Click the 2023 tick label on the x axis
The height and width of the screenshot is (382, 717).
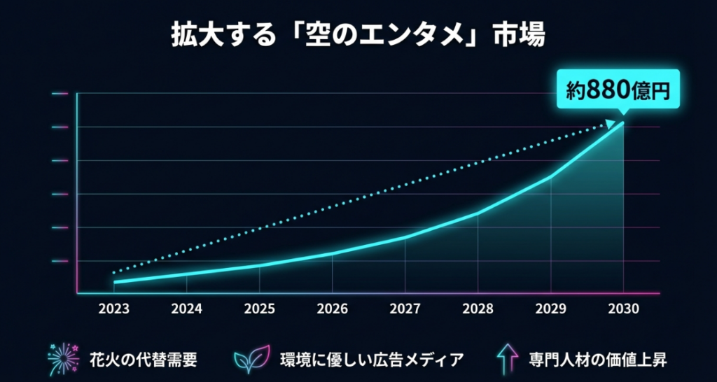[x=113, y=309]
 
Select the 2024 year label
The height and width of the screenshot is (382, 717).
[x=187, y=309]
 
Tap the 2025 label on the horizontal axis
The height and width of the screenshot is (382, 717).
[x=260, y=309]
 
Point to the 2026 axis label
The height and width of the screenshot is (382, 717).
[x=333, y=309]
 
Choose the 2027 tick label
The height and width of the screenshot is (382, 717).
[x=405, y=309]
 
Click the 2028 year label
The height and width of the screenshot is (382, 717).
[x=478, y=309]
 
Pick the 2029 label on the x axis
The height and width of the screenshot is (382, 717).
[x=551, y=309]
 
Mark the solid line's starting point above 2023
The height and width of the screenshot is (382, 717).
[x=114, y=282]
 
